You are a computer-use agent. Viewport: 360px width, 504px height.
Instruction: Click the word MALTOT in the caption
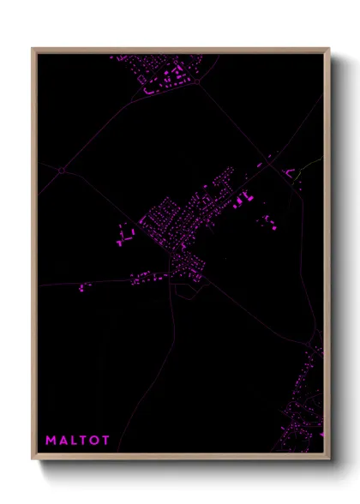tap(77, 441)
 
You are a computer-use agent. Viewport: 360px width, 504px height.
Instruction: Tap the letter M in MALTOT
tap(50, 441)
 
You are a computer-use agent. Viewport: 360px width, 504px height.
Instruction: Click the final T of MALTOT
tap(105, 441)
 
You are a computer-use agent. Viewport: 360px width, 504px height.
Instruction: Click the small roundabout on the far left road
tap(61, 171)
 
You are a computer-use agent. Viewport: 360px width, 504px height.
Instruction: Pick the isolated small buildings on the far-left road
tap(84, 287)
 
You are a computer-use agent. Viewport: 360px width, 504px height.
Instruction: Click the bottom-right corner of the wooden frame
tap(328, 459)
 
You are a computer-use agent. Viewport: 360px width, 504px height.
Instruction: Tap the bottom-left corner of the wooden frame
tap(33, 459)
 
